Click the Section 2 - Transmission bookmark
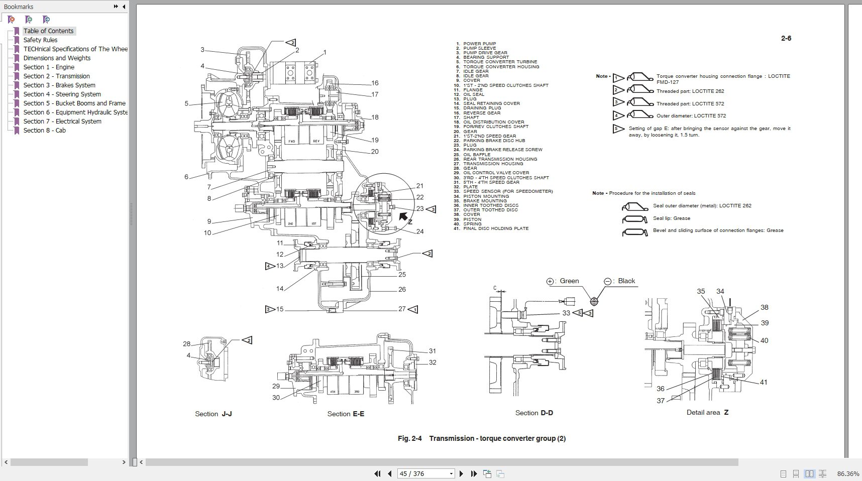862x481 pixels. click(56, 76)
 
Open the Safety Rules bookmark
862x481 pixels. click(40, 40)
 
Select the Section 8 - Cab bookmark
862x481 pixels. click(44, 131)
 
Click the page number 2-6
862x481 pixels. click(786, 38)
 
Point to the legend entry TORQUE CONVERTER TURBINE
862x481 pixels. click(500, 62)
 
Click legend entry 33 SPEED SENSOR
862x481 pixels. click(507, 191)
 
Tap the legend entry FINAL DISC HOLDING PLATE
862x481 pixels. click(495, 228)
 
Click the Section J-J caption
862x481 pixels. click(213, 414)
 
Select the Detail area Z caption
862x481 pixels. click(707, 412)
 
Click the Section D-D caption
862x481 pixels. click(534, 413)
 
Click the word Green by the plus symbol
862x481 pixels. click(569, 281)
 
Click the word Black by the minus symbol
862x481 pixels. click(626, 281)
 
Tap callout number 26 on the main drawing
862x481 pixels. click(402, 289)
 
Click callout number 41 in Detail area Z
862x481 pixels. click(764, 382)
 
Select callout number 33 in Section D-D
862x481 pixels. click(566, 313)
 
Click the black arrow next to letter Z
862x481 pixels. click(403, 216)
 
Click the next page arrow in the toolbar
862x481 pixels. click(461, 473)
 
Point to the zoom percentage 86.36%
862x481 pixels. click(848, 473)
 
